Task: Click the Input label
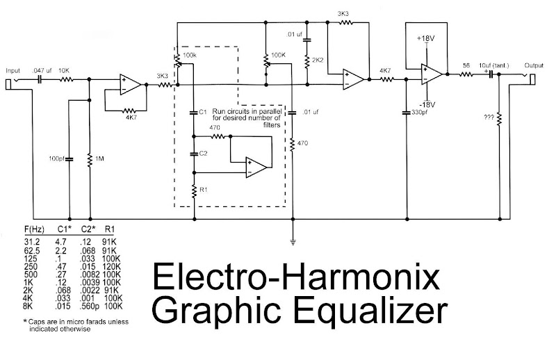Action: coord(13,71)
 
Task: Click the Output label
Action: coord(534,65)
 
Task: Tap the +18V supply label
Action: coord(425,38)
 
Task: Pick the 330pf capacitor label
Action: coord(417,113)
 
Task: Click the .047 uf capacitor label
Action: coord(42,71)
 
